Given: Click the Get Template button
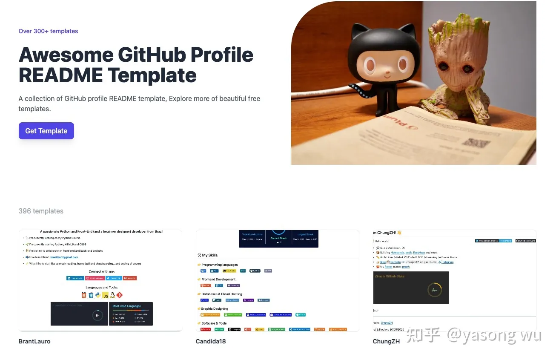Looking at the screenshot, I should click(46, 131).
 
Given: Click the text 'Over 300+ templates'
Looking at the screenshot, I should click(48, 31).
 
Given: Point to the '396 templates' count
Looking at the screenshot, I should click(41, 211).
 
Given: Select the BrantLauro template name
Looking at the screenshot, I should click(34, 341).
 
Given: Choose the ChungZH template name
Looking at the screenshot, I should click(386, 341).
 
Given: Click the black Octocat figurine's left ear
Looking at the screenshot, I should click(357, 31).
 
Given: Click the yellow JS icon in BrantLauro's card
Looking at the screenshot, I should click(105, 295).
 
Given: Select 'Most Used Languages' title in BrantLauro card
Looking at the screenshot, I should click(126, 306).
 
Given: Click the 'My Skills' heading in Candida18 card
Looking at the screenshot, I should click(209, 255).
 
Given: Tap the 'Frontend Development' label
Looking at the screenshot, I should click(218, 279).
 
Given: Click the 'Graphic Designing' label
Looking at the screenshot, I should click(215, 308).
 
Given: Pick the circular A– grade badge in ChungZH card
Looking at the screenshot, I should click(434, 290).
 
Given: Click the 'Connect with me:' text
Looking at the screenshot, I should click(101, 271).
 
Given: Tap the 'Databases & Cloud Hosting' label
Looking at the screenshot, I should click(222, 294).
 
